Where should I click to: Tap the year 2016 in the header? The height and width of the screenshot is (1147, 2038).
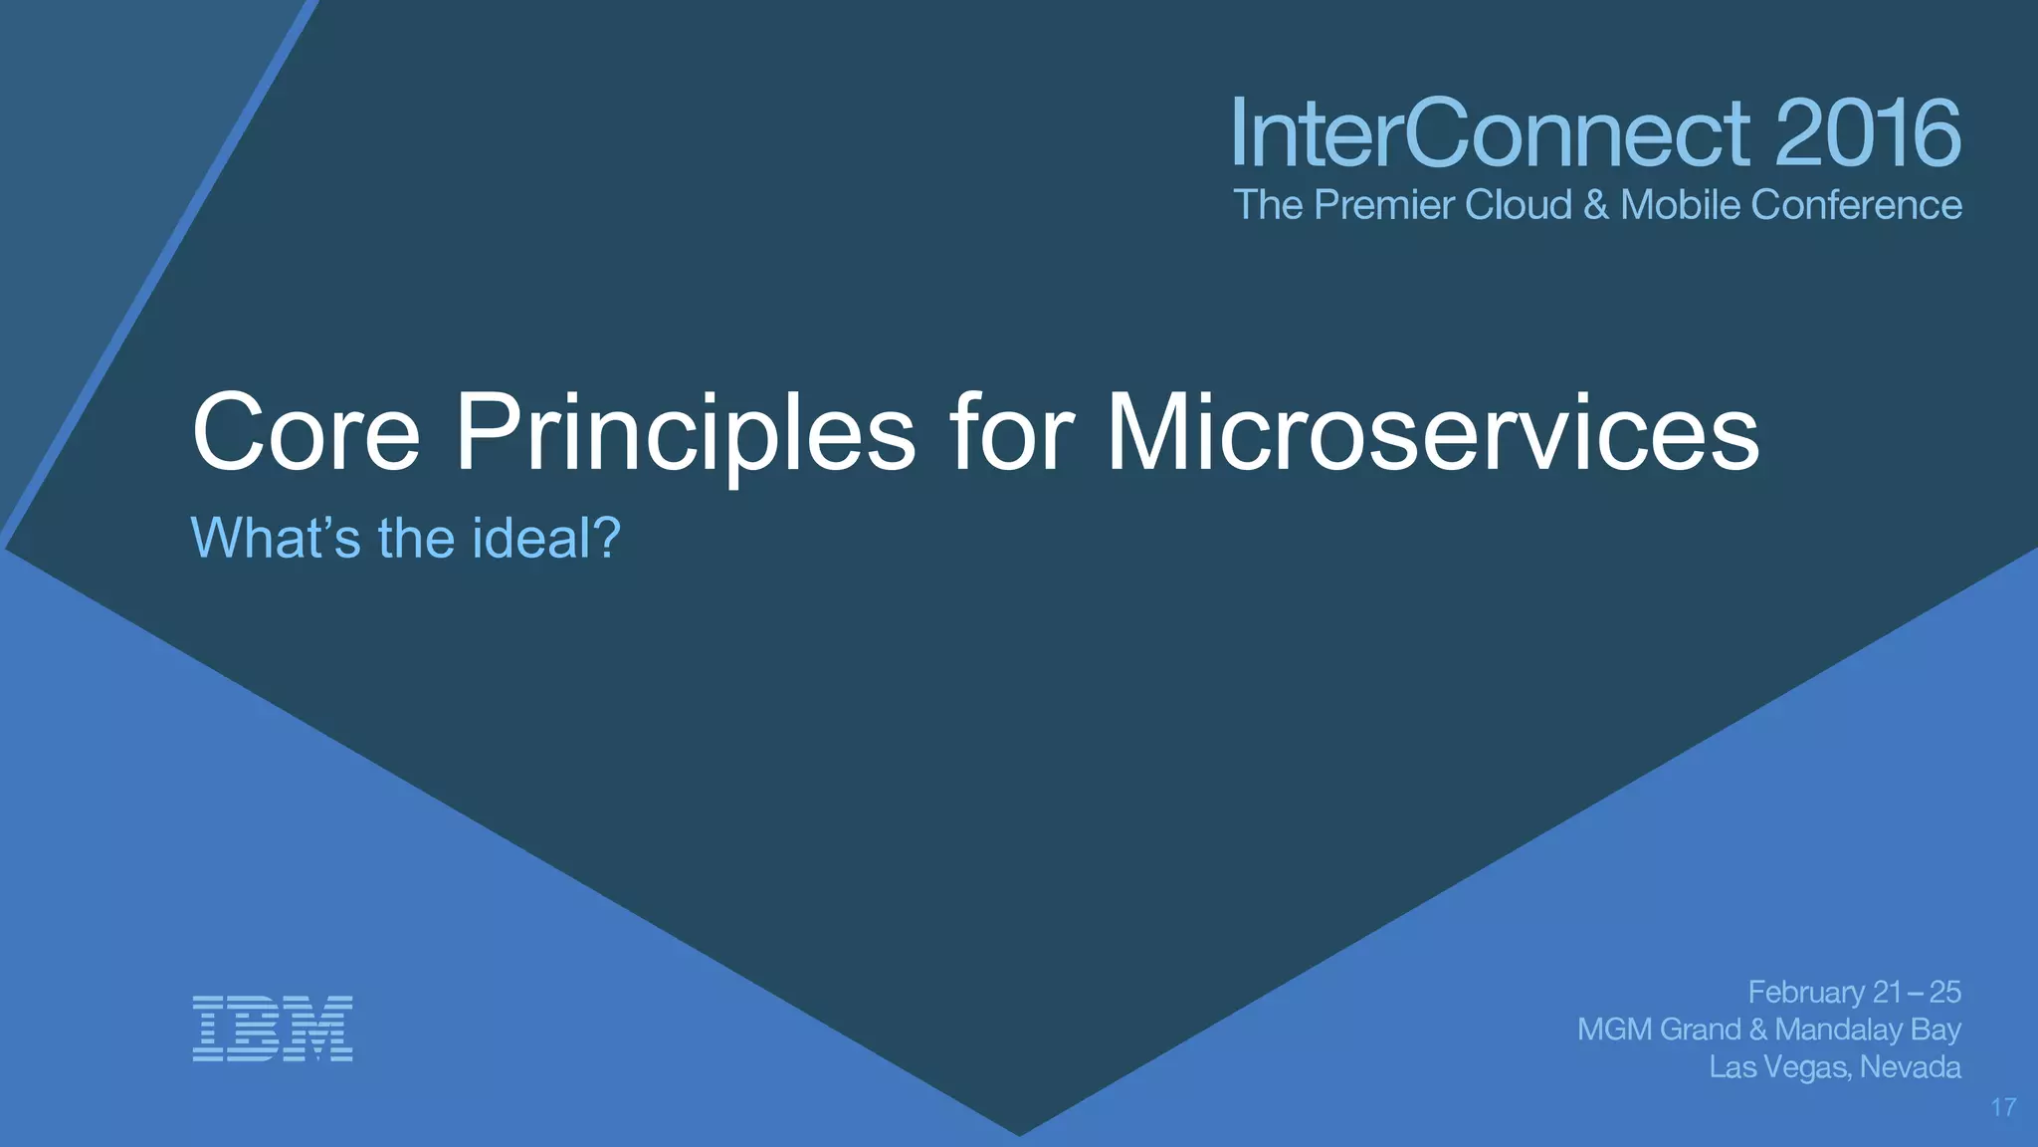1867,133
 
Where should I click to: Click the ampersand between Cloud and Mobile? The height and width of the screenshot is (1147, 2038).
1595,205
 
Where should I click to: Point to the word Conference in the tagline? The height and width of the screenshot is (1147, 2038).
1856,205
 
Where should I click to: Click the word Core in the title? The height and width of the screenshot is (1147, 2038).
306,434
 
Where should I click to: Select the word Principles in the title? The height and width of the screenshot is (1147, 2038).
685,434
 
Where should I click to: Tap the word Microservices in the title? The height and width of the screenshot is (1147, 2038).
1433,434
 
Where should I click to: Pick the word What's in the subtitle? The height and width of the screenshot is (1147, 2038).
275,539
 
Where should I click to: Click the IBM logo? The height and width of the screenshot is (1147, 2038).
273,1028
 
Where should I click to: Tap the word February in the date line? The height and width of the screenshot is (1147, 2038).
1806,993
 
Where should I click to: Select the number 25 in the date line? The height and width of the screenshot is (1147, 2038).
1944,993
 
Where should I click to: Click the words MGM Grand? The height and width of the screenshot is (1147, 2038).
1659,1030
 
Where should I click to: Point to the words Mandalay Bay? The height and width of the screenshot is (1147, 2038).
1868,1030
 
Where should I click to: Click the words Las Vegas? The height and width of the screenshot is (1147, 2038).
1779,1067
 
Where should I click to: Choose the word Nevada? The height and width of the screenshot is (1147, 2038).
1910,1067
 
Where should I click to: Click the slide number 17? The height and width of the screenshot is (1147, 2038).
2003,1107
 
